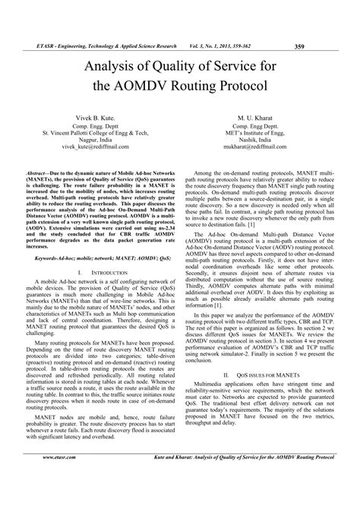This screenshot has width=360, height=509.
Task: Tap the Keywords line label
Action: [45, 259]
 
